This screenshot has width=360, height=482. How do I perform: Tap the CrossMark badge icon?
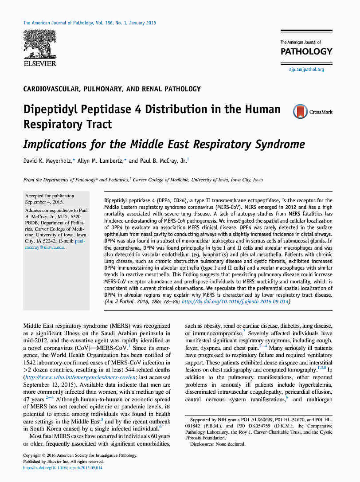(x=300, y=111)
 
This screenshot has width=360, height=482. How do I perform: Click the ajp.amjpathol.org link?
(x=306, y=69)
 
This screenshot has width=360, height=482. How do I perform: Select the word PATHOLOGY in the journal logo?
(x=306, y=51)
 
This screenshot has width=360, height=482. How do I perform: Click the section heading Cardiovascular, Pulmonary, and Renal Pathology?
(x=112, y=89)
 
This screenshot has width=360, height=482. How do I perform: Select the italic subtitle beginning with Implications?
(x=164, y=144)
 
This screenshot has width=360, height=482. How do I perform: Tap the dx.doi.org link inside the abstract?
(x=235, y=302)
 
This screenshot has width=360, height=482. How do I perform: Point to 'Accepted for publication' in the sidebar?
(x=50, y=196)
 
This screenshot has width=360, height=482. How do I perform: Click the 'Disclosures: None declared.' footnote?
(x=217, y=444)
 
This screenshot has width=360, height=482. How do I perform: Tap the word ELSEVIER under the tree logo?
(x=40, y=64)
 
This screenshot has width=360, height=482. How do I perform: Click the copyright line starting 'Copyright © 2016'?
(x=80, y=455)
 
